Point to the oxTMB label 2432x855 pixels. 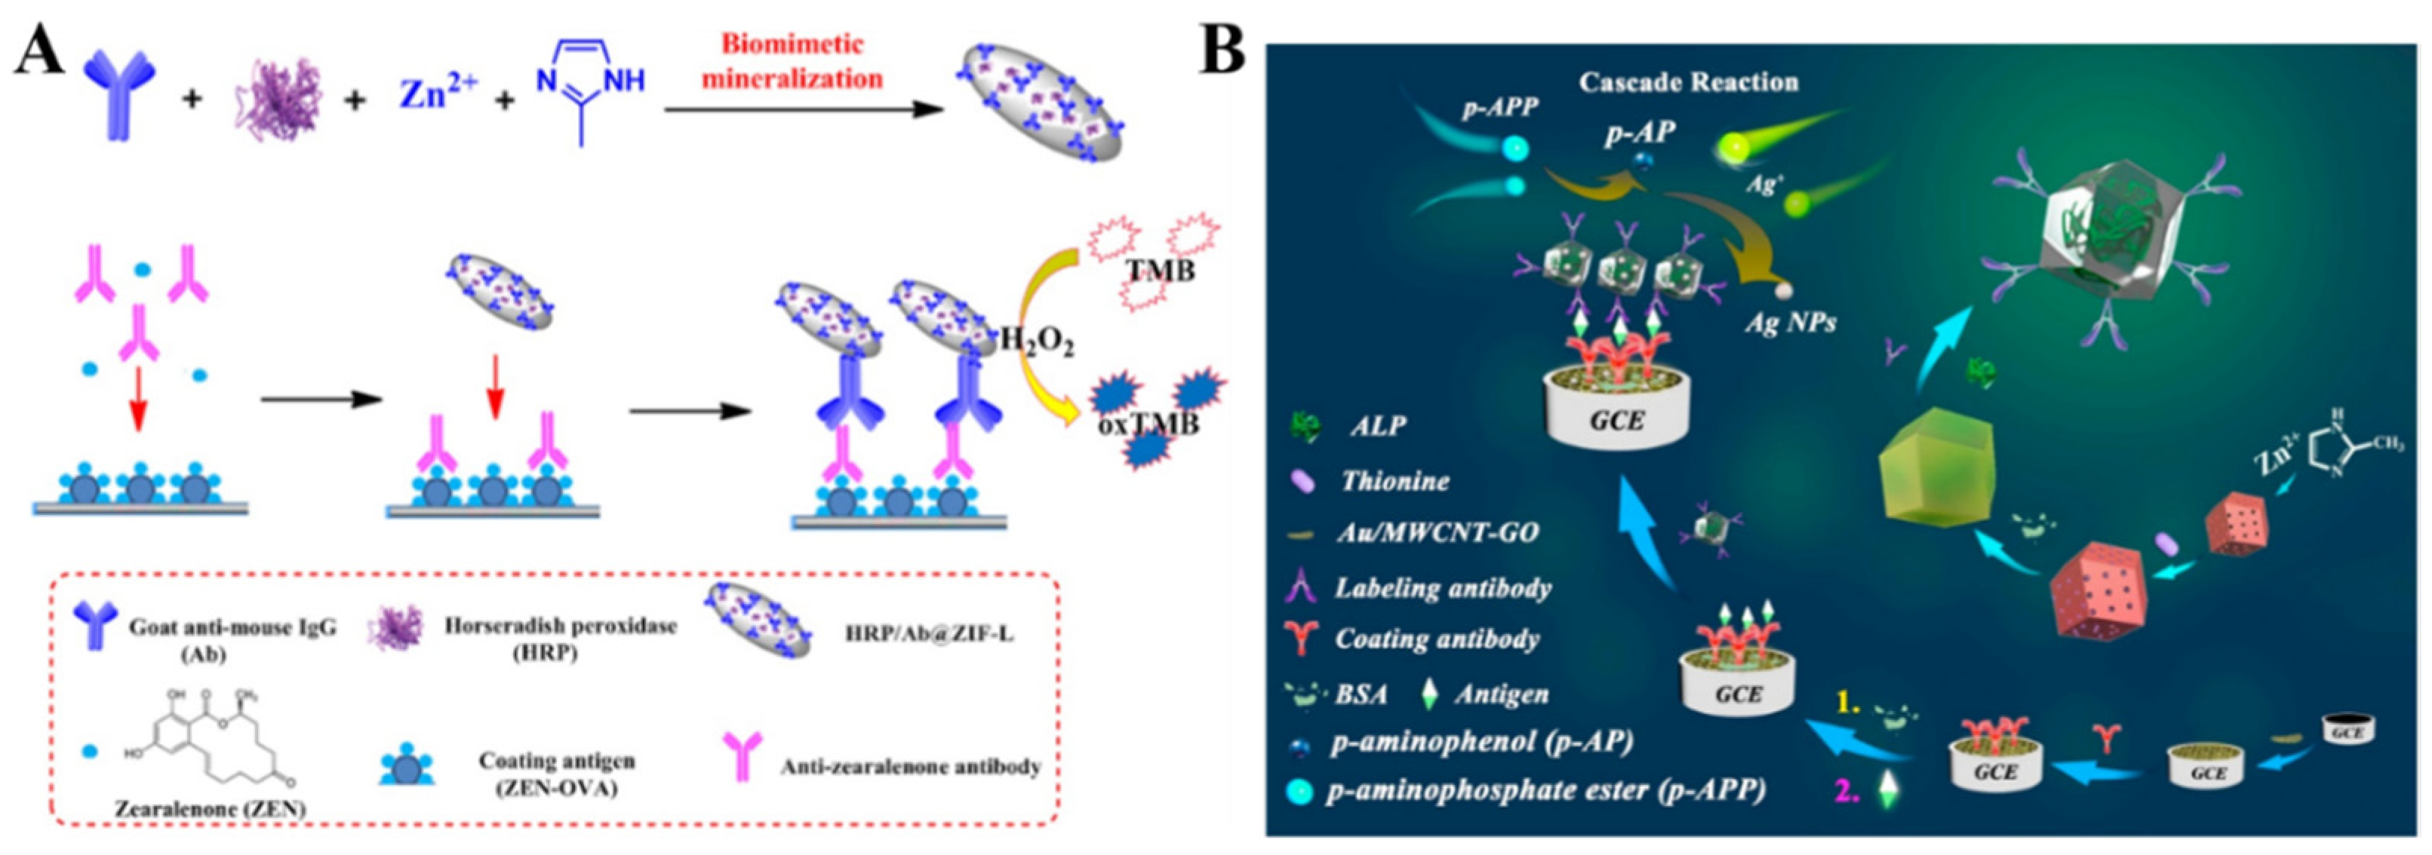pyautogui.click(x=1148, y=424)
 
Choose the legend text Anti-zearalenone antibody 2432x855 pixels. pyautogui.click(x=910, y=766)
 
